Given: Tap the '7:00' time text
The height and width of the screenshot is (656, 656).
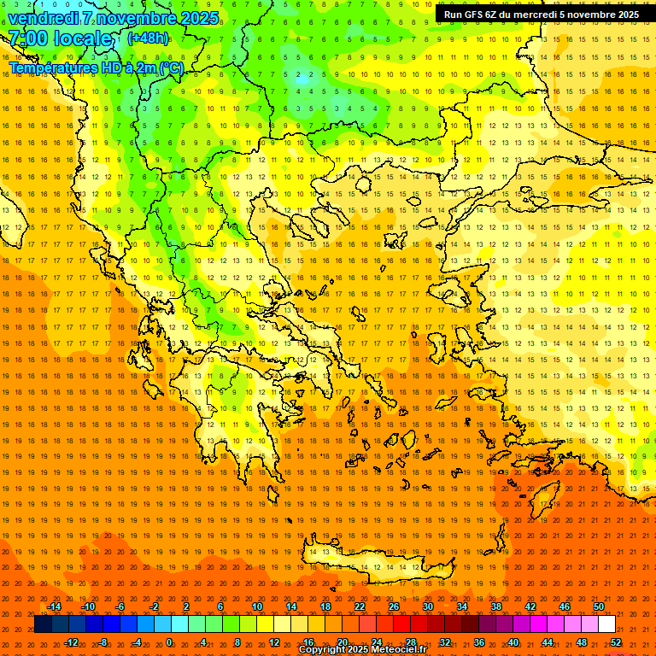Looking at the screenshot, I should coord(27,38).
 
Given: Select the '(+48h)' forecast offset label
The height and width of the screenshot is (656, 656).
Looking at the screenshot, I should coord(148,38).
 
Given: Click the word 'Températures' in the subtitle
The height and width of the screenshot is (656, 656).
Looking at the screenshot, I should coord(52,67).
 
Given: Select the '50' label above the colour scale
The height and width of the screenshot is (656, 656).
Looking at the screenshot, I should coord(598,606).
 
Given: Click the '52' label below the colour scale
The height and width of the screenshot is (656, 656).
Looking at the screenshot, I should coord(616,642).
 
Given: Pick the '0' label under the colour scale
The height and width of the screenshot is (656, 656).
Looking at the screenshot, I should coord(168,642).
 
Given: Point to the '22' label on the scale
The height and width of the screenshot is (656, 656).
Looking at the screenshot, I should coord(360,606).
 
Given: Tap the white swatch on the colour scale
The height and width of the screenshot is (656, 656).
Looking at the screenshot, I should coord(606,624).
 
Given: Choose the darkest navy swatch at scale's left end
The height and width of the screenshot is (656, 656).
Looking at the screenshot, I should coord(43,624).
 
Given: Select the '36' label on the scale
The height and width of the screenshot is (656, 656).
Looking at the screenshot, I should coord(479,642).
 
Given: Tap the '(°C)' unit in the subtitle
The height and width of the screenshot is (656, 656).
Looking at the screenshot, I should coord(171,67).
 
